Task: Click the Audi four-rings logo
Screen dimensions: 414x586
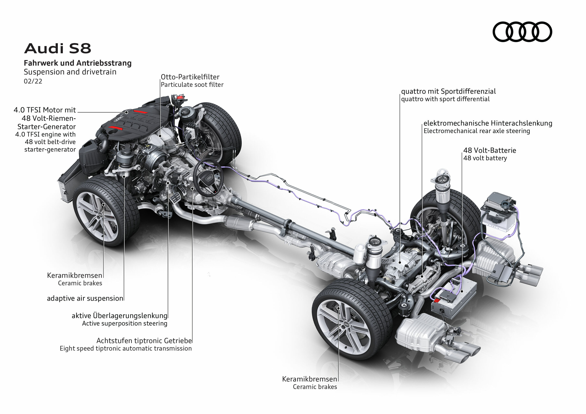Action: tap(522, 32)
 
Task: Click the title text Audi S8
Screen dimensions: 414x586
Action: tap(58, 48)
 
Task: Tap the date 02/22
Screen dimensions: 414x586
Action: tap(33, 81)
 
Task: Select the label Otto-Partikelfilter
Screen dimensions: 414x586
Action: tap(190, 77)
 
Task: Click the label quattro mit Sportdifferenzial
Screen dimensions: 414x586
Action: tap(448, 91)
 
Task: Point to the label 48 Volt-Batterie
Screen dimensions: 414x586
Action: tap(490, 150)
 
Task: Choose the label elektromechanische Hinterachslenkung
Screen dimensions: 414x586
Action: tap(488, 123)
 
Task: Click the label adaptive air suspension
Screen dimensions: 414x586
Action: tap(85, 298)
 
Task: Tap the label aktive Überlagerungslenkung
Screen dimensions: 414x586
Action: tap(119, 316)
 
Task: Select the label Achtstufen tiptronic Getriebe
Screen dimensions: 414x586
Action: tap(144, 341)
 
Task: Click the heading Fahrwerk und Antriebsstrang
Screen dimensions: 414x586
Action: tap(78, 63)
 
